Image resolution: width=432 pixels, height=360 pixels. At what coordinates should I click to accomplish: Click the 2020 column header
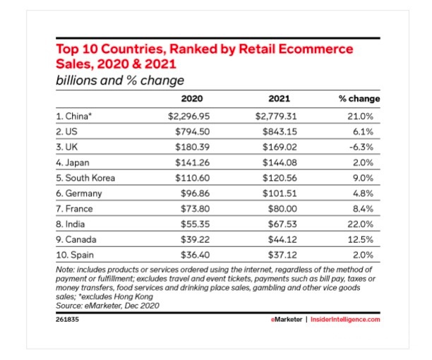pos(192,98)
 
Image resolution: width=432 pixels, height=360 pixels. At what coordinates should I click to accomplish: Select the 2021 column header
pos(279,98)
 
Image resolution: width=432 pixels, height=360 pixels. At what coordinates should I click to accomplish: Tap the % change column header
pos(359,98)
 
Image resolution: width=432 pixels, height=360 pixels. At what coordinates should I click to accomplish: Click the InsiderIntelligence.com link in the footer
pos(345,319)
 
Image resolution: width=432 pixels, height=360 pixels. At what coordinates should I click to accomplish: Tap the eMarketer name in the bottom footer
pos(287,319)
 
